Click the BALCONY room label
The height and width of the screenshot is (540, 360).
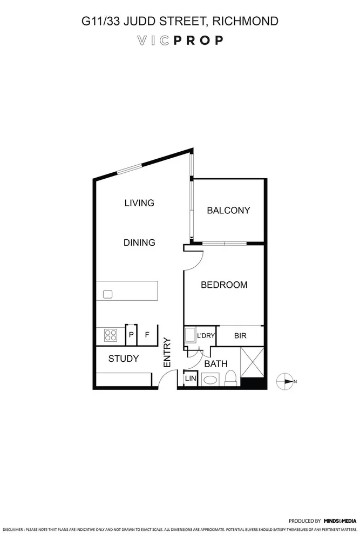point(228,211)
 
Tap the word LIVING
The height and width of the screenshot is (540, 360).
point(139,203)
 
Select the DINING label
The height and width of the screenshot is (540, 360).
point(139,243)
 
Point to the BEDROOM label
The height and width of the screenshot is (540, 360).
point(224,285)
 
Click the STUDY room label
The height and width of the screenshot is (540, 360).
point(124,359)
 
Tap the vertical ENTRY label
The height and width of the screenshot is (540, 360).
point(167,353)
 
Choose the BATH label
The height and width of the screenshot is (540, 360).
point(216,364)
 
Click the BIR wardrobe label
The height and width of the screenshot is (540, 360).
point(240,336)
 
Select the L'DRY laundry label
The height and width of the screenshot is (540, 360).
point(206,336)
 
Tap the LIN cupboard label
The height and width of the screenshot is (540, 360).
point(190,379)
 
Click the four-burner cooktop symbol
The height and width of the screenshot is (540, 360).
point(111,335)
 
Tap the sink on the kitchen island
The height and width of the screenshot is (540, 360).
point(107,294)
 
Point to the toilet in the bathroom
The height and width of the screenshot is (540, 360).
point(230,378)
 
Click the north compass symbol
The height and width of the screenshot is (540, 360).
point(284,382)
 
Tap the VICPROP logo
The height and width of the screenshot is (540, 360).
point(180,40)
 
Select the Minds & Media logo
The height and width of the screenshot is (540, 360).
point(340,521)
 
